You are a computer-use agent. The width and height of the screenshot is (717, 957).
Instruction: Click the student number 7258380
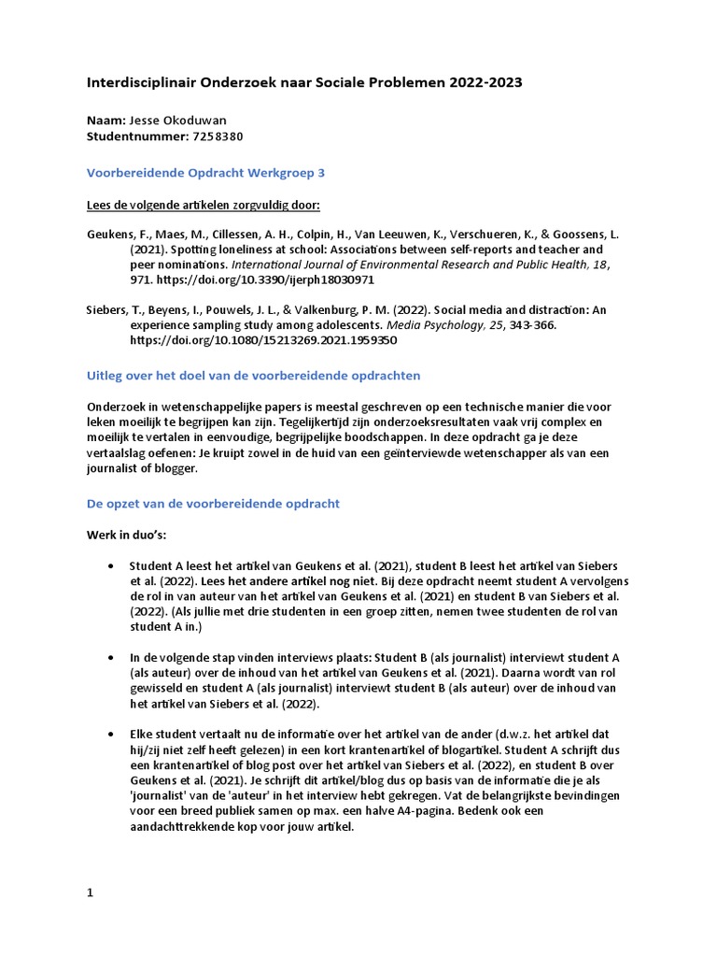(218, 136)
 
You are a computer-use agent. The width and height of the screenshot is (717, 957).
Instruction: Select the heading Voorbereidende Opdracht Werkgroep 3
(205, 173)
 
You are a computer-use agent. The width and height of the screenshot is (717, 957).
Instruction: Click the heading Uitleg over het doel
(253, 375)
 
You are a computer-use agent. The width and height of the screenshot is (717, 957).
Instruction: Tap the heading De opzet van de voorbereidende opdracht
(213, 503)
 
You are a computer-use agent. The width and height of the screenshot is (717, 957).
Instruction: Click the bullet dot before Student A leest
(112, 566)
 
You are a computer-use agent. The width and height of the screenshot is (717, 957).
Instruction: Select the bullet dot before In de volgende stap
(112, 658)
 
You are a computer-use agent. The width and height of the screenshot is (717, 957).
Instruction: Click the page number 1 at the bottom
(91, 893)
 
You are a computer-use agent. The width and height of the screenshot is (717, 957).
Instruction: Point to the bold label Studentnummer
(136, 136)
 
